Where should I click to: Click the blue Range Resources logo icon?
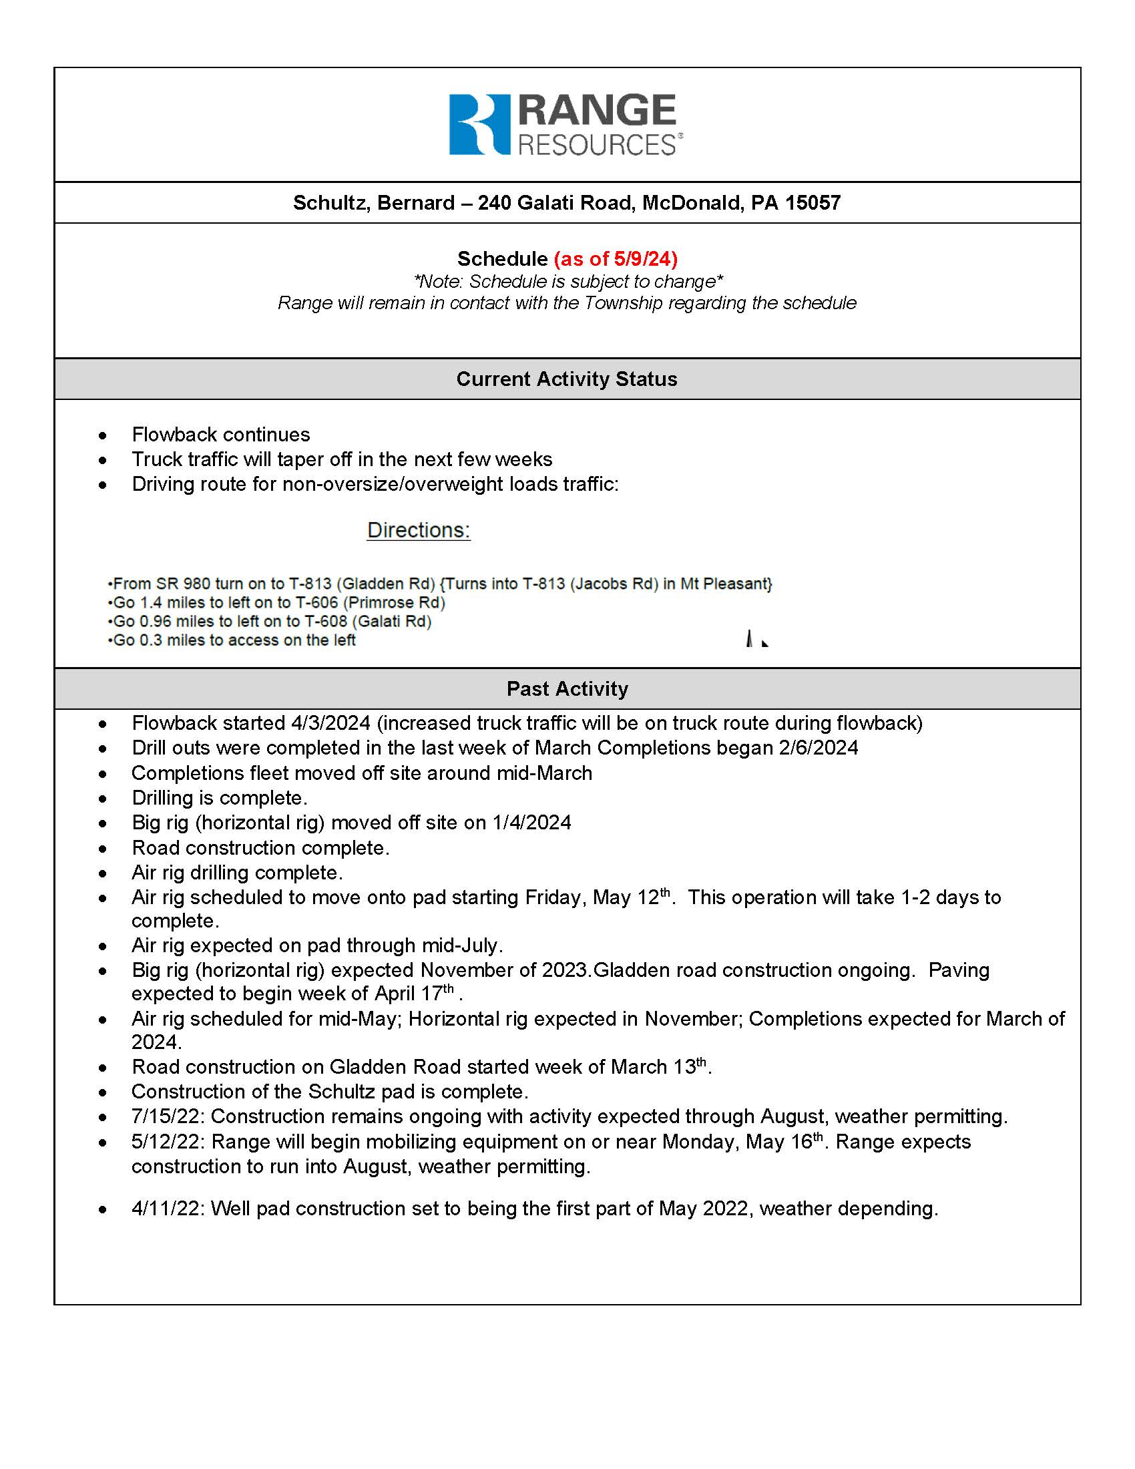[x=479, y=124]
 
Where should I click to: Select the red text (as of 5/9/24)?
[x=616, y=259]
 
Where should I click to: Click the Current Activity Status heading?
[x=567, y=379]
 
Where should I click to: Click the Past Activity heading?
[x=567, y=689]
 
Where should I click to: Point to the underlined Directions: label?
[x=418, y=530]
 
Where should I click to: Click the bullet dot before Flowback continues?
[x=102, y=435]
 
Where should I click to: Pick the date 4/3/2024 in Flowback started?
[x=330, y=723]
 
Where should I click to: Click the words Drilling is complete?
[x=219, y=798]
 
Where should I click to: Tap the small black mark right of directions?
[x=756, y=639]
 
